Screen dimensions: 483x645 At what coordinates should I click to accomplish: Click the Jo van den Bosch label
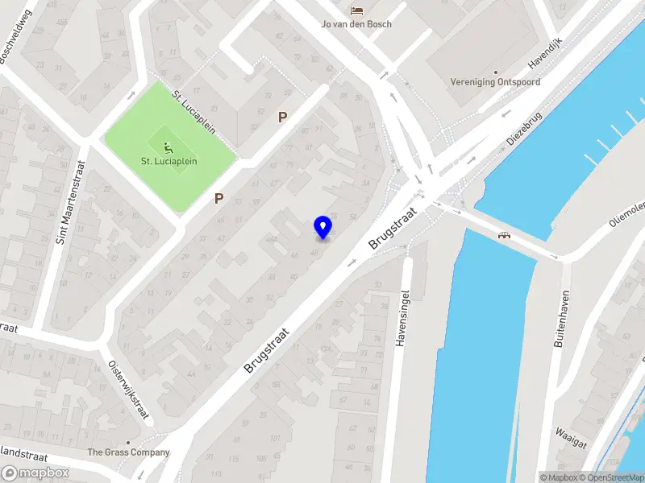356,24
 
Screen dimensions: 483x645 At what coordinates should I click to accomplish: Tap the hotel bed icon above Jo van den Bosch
356,10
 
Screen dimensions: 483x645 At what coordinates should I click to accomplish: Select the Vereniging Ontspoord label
496,82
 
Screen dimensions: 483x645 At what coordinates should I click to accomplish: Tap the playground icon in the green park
169,148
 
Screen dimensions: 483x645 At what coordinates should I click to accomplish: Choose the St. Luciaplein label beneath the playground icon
169,162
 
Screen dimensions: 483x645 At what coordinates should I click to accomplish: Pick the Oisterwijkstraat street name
130,390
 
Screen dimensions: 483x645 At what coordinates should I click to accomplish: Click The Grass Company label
129,452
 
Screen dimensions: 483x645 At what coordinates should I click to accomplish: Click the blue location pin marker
322,227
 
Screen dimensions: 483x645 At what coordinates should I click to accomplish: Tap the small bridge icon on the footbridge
506,235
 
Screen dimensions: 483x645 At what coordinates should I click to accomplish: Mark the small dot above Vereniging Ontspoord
495,70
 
